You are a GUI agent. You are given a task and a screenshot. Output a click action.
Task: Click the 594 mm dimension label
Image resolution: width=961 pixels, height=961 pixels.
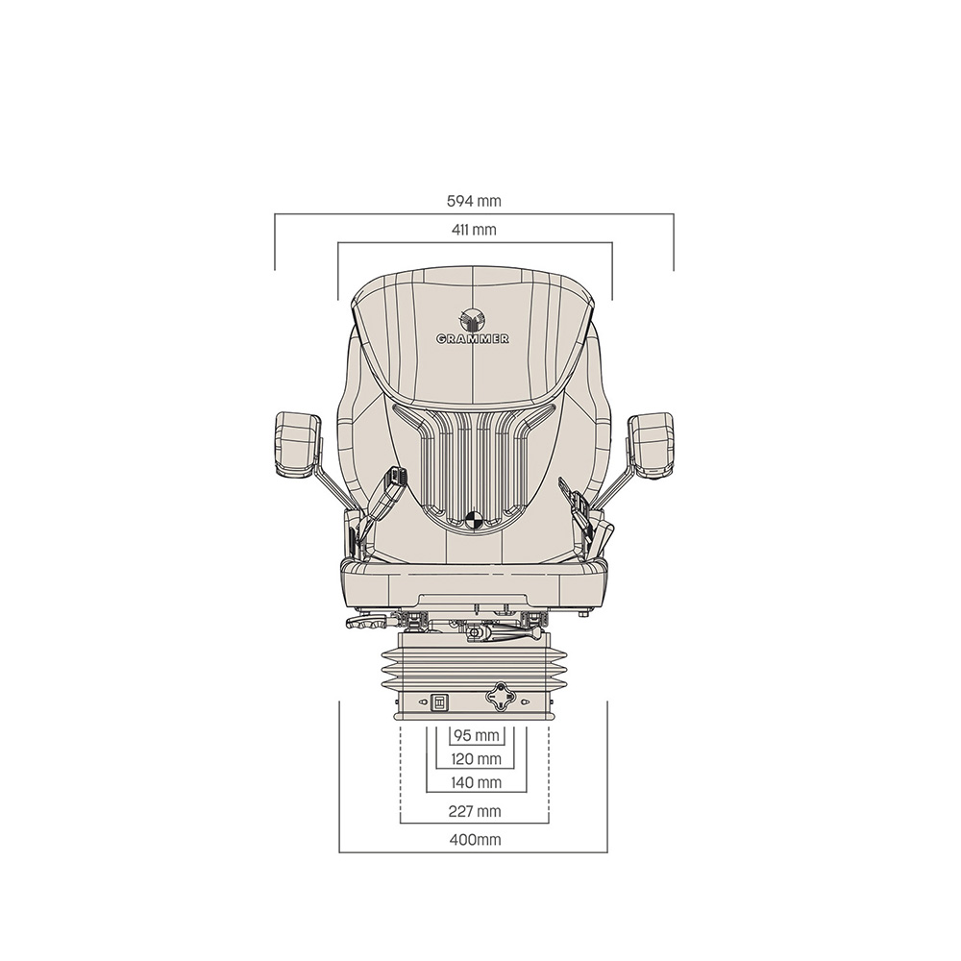click(474, 202)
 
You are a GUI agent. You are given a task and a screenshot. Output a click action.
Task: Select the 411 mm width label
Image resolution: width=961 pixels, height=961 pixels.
click(474, 230)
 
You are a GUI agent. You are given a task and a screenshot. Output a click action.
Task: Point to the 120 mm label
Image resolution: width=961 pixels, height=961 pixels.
click(477, 759)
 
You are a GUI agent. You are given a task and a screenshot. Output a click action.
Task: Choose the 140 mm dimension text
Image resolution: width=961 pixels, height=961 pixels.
click(477, 783)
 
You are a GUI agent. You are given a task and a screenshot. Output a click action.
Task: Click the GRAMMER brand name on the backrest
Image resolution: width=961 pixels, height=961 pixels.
click(473, 339)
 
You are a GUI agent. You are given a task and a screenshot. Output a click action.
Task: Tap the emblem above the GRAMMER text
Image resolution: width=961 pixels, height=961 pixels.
click(473, 318)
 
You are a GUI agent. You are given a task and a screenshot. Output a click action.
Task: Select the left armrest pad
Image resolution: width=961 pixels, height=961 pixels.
click(296, 443)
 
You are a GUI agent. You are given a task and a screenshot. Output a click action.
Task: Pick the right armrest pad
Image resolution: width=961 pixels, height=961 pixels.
click(652, 443)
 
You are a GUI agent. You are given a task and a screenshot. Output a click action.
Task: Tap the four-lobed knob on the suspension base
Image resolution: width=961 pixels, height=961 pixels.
click(500, 697)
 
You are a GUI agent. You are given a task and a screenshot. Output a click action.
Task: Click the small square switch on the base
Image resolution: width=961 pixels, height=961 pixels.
click(439, 703)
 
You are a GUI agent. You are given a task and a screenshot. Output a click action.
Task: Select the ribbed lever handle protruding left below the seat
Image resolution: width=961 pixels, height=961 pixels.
click(368, 623)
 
